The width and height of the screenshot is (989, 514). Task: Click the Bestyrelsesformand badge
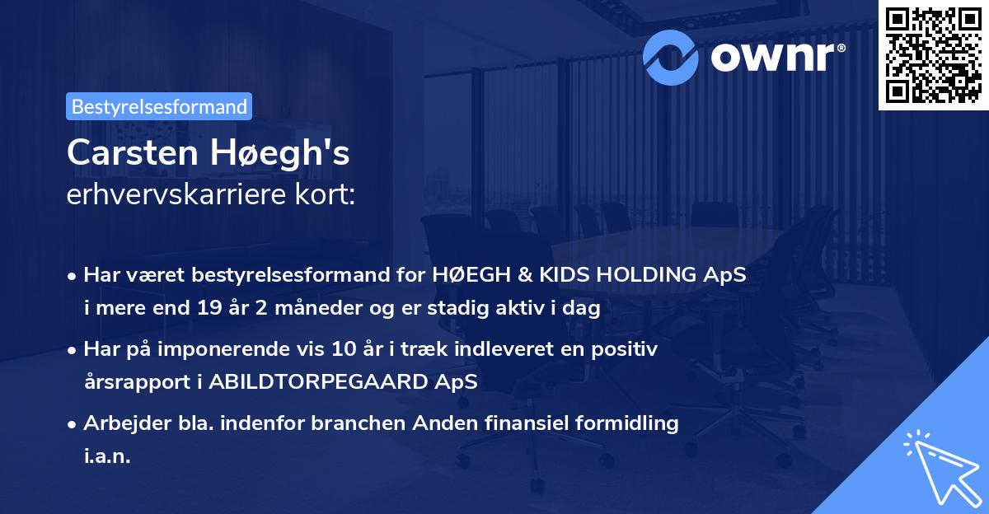click(159, 106)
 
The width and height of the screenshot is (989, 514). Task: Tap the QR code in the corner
click(933, 54)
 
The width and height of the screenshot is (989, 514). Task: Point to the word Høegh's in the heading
click(279, 153)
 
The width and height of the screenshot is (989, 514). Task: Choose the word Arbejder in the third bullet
click(120, 423)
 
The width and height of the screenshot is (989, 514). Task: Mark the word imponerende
click(254, 349)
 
